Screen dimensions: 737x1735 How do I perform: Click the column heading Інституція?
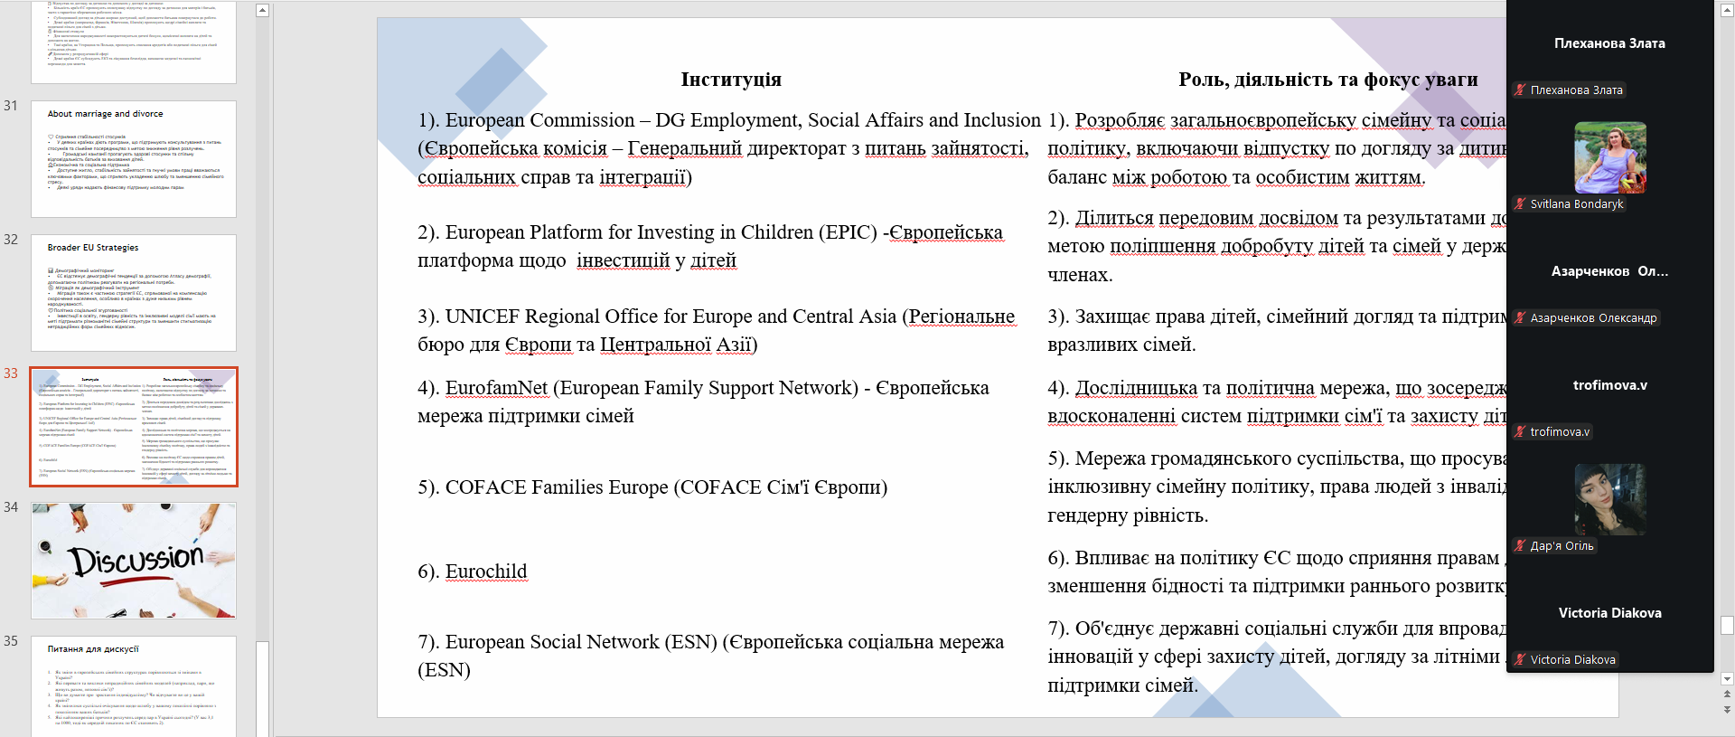[x=731, y=80]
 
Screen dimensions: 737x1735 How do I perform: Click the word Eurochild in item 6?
[x=485, y=572]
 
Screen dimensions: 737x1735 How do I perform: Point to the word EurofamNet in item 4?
[x=496, y=388]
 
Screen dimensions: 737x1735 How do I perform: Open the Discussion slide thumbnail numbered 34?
[x=134, y=561]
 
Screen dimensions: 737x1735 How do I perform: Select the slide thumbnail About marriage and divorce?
[x=134, y=159]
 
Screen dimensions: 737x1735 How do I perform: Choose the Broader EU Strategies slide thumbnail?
[x=134, y=293]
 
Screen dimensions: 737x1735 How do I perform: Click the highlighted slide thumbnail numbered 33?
[x=134, y=427]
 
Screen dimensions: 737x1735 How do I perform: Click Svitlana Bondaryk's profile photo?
[x=1609, y=158]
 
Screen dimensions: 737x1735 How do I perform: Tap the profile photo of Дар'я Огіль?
[x=1609, y=500]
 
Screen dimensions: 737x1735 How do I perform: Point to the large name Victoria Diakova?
[x=1609, y=613]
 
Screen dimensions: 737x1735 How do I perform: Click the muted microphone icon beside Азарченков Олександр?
[x=1521, y=318]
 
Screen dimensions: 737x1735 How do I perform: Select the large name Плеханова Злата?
[x=1609, y=43]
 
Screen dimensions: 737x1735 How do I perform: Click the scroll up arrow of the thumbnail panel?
[x=262, y=11]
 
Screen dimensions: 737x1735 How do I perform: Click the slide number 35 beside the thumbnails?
[x=11, y=641]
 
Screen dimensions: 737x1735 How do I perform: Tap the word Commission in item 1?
[x=582, y=120]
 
